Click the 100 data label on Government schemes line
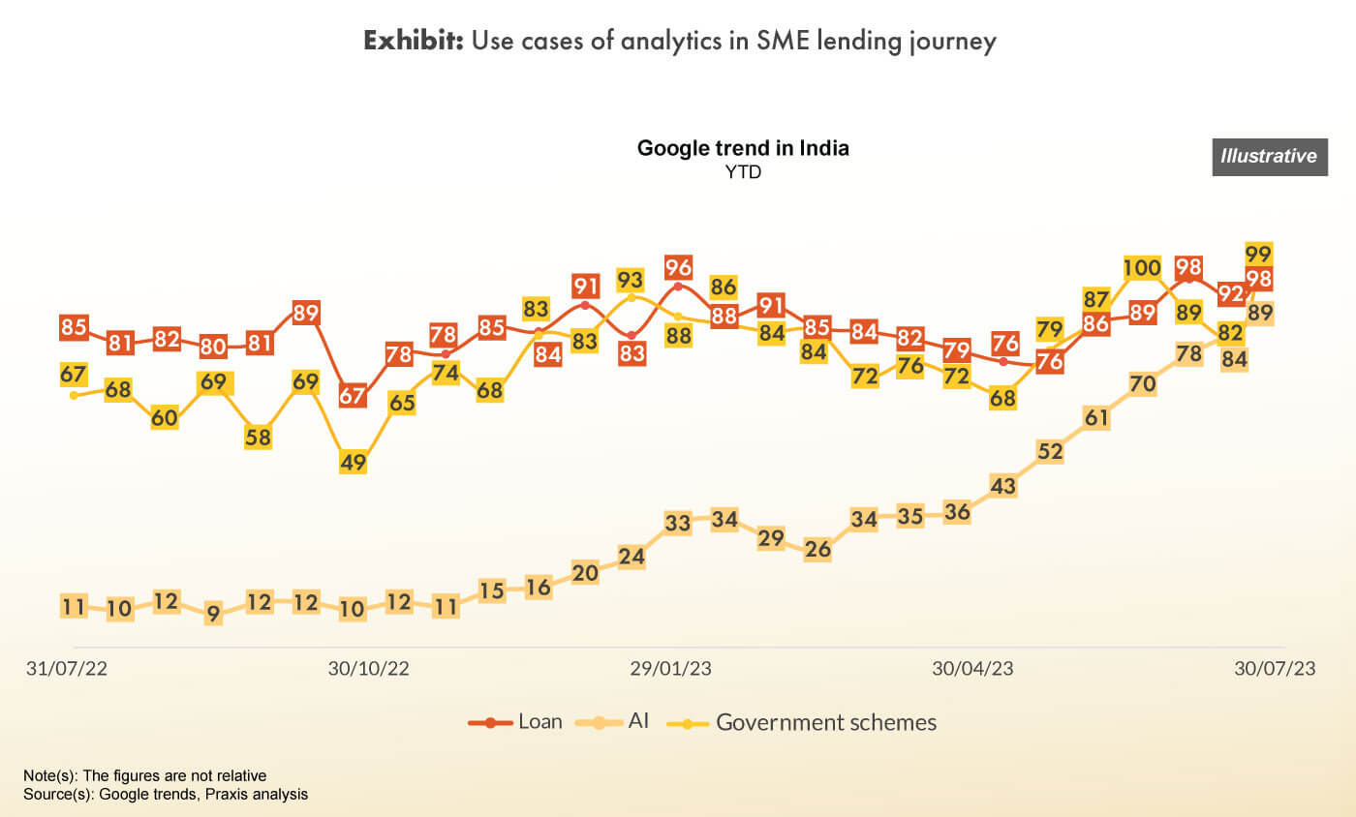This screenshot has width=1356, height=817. pyautogui.click(x=1143, y=268)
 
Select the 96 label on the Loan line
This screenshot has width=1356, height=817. pyautogui.click(x=678, y=267)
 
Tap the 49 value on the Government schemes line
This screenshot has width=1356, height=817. pyautogui.click(x=353, y=462)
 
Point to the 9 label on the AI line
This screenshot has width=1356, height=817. pyautogui.click(x=213, y=612)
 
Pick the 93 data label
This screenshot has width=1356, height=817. pyautogui.click(x=631, y=280)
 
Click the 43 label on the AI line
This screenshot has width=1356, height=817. pyautogui.click(x=1003, y=486)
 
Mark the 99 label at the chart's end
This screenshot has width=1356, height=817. pyautogui.click(x=1258, y=255)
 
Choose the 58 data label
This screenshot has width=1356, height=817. pyautogui.click(x=259, y=437)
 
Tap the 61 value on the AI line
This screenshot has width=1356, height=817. pyautogui.click(x=1096, y=418)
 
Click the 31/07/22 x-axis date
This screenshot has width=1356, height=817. pyautogui.click(x=66, y=669)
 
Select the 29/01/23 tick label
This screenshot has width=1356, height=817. pyautogui.click(x=671, y=669)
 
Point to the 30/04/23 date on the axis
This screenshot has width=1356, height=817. pyautogui.click(x=972, y=669)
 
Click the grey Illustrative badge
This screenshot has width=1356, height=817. pyautogui.click(x=1268, y=157)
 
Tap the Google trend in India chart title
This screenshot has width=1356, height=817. pyautogui.click(x=743, y=149)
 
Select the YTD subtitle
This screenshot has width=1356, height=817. pyautogui.click(x=743, y=172)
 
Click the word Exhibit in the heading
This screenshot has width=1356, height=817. pyautogui.click(x=414, y=42)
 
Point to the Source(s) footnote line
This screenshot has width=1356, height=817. pyautogui.click(x=166, y=794)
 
